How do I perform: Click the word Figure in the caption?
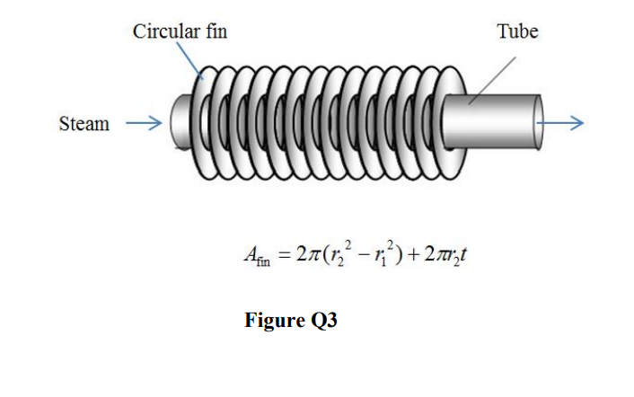pyautogui.click(x=273, y=321)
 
